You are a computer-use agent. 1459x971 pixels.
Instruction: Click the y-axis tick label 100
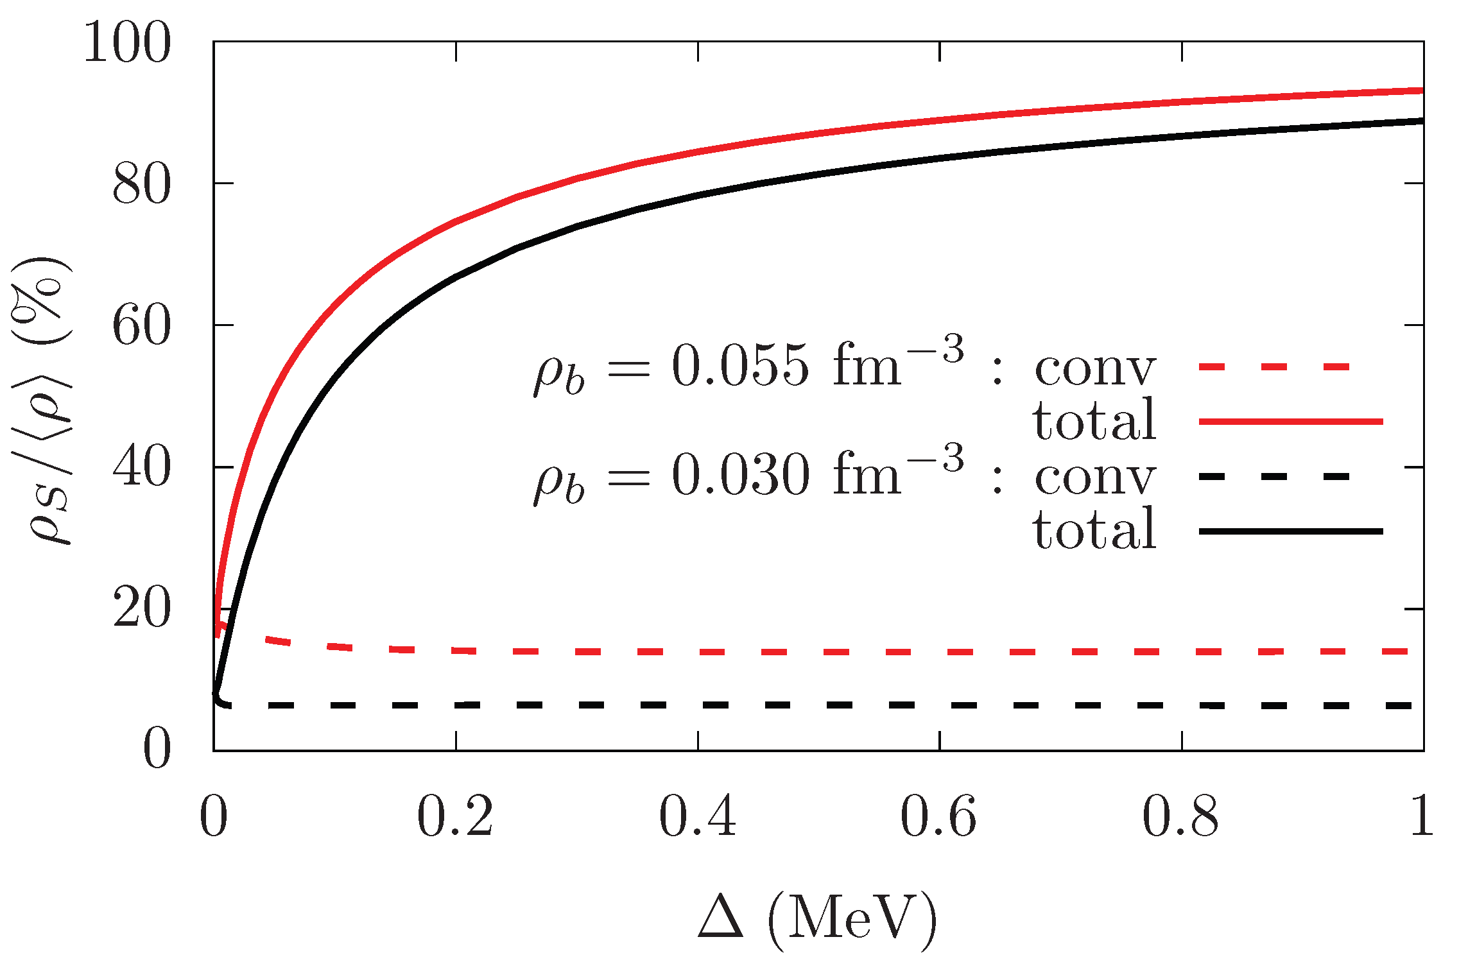[128, 42]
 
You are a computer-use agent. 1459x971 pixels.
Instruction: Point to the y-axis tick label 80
[142, 184]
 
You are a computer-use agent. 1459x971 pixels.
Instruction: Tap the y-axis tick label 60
[142, 325]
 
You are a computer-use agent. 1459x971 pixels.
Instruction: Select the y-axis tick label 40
[142, 467]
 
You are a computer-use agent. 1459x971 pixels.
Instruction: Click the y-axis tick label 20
[142, 608]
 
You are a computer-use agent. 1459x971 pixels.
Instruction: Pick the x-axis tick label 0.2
[455, 817]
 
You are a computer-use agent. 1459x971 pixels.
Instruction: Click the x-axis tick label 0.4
[698, 817]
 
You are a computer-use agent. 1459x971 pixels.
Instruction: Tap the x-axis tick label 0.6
[939, 817]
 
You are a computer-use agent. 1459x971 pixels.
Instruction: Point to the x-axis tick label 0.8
[1181, 817]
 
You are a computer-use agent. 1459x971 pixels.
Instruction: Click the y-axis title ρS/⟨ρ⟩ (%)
[44, 401]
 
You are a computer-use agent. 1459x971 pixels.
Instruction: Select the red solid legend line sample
[1290, 422]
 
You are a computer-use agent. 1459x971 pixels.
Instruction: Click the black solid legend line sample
[1290, 531]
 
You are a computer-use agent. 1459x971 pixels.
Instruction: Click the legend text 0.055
[740, 367]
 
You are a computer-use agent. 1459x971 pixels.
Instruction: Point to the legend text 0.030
[740, 476]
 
